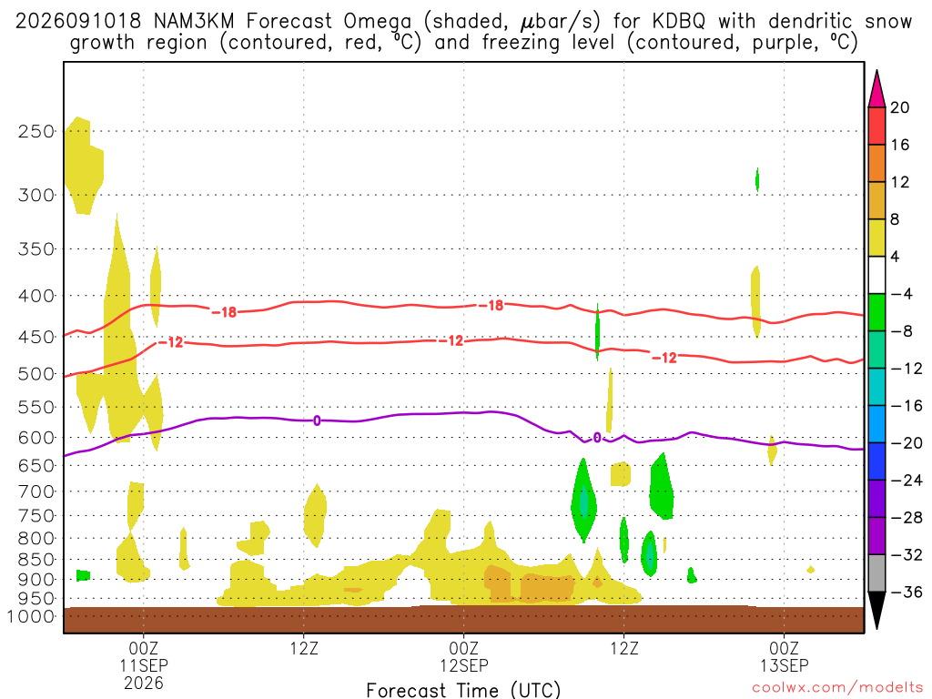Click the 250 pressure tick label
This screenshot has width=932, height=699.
[x=36, y=131]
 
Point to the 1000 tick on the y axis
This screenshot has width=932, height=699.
[x=30, y=616]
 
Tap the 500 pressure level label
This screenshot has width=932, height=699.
[x=36, y=374]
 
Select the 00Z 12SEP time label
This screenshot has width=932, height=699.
[x=463, y=656]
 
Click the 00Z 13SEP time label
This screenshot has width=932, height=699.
[x=784, y=656]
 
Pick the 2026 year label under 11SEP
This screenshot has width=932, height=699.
[x=143, y=683]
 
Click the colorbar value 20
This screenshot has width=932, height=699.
[x=900, y=107]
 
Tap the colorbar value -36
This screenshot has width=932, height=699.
[x=906, y=592]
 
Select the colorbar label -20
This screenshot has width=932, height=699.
[x=906, y=443]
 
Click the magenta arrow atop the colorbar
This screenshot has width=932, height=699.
[x=876, y=90]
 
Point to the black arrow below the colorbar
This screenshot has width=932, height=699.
[x=876, y=609]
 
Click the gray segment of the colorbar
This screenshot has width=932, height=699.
[x=876, y=573]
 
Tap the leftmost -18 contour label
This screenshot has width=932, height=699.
[x=224, y=312]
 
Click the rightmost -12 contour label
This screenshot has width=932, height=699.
[x=664, y=357]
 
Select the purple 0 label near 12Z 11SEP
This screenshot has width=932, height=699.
[x=317, y=420]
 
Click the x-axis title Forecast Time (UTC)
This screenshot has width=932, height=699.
[x=463, y=690]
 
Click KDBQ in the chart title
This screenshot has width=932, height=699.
[x=678, y=22]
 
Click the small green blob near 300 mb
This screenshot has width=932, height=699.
[x=756, y=179]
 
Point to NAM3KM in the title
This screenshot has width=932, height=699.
[x=193, y=22]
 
